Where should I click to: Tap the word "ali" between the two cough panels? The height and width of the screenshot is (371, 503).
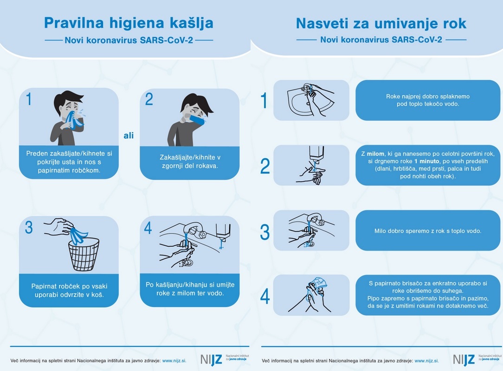click(129, 135)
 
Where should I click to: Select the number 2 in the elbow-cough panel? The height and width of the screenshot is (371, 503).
click(149, 100)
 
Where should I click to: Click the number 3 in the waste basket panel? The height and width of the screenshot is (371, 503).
click(29, 227)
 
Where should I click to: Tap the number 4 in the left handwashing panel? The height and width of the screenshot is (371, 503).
click(148, 227)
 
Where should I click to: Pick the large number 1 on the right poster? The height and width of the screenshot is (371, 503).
click(264, 101)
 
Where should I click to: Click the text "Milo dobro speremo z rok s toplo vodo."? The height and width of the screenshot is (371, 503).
click(428, 230)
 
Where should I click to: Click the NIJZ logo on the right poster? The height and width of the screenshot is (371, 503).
click(464, 359)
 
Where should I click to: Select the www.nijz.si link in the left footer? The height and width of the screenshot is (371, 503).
click(174, 360)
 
